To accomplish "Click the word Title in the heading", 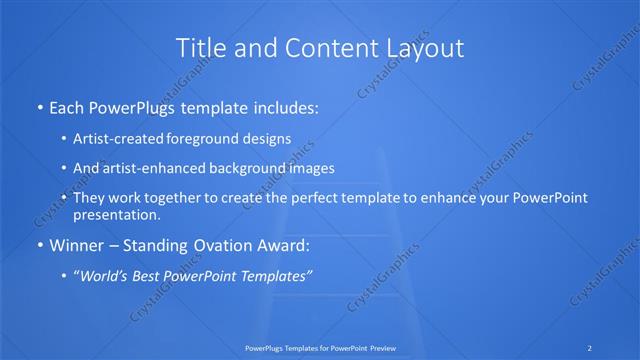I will click(201, 47).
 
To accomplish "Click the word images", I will click(327, 168).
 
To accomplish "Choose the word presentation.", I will click(116, 214).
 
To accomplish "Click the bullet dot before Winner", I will click(39, 245).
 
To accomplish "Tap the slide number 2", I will click(590, 347).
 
